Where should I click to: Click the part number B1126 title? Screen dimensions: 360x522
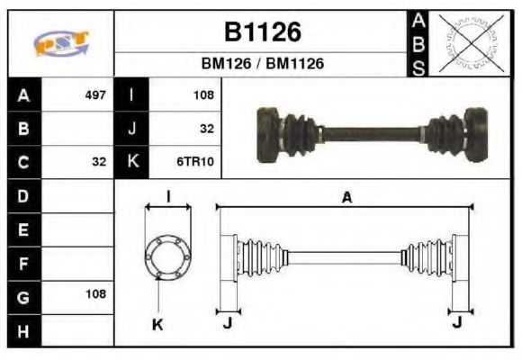coord(261,32)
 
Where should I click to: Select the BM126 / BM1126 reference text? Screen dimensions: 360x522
coord(261,64)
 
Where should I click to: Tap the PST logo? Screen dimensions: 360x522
coord(60,43)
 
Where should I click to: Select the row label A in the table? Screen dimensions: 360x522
coord(22,94)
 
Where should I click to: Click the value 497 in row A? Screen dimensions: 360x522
coord(94,94)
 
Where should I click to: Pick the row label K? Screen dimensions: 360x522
coord(131,162)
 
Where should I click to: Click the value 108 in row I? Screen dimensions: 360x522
coord(202,94)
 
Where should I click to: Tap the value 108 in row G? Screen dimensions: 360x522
coord(95,293)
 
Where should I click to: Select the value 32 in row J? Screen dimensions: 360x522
coord(206,129)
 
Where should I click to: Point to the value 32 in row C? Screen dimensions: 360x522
coord(99,162)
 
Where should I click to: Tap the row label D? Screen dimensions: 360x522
coord(22,194)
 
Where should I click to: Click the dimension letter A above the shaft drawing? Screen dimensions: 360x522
coord(346,198)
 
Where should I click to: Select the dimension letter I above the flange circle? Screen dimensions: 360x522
coord(168,197)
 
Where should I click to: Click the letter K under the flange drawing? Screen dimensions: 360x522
coord(157,324)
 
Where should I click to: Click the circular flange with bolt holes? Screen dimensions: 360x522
coord(168,256)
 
